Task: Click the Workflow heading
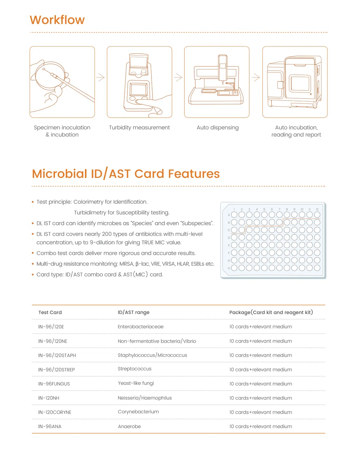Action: coord(57,20)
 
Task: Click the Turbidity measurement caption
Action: coord(139,127)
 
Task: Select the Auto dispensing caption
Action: coord(217,127)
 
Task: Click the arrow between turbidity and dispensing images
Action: coord(178,77)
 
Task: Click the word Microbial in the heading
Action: coord(59,174)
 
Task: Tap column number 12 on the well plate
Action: coord(317,209)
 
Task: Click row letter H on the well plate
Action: coord(229,268)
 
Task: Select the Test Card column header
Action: coord(50,312)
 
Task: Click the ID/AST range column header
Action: coord(133,312)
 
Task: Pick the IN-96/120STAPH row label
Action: coord(57,355)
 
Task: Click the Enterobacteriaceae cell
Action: coord(141,327)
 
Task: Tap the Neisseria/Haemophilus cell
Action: coord(145,398)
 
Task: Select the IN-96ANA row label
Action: coord(50,427)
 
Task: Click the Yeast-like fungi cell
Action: coord(136,383)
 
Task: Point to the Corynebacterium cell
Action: coord(138,412)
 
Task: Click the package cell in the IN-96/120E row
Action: coord(260,327)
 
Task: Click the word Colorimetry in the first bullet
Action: coord(88,202)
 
